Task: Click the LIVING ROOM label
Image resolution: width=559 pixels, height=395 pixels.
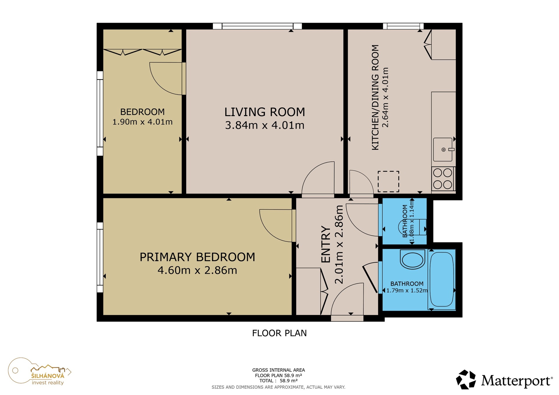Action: pos(265,112)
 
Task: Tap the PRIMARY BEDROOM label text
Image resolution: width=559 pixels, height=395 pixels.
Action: pos(197,257)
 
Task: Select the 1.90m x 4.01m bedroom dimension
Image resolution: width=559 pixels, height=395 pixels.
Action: pos(142,122)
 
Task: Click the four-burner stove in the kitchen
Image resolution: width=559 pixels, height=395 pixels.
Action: pos(443,179)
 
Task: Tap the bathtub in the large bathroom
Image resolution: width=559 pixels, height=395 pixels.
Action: pos(442,279)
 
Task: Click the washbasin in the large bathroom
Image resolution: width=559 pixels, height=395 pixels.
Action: pos(413,259)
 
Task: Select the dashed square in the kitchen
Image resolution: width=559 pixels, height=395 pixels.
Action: pos(388,182)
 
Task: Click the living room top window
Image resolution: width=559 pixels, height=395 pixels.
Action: pos(257,26)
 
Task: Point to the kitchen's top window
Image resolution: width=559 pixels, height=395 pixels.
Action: pos(403,26)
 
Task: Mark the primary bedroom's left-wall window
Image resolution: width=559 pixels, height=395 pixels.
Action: pos(100,257)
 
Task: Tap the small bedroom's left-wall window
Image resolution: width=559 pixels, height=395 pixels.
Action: pos(100,113)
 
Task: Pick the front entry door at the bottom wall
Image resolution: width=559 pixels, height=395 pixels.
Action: pos(347,318)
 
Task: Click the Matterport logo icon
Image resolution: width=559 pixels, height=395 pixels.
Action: pos(466,379)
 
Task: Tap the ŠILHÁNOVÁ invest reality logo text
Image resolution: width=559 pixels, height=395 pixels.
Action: pos(48,379)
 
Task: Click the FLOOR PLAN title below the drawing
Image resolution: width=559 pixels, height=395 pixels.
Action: pos(279,333)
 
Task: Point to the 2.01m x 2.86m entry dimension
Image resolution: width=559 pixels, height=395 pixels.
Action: pos(339,244)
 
